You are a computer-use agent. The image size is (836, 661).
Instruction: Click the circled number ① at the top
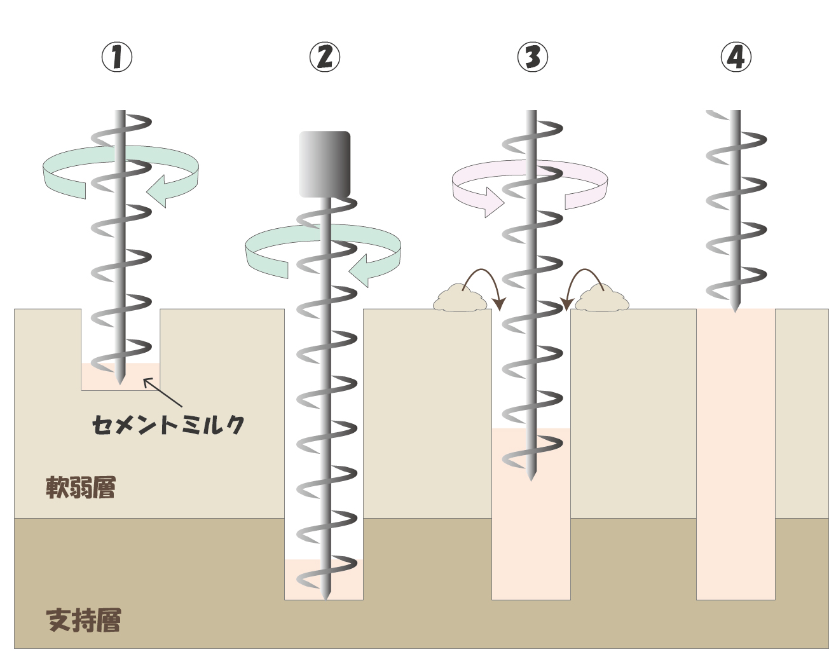(117, 57)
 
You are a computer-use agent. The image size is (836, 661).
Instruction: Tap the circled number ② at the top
(324, 57)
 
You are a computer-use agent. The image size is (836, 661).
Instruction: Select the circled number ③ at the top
(532, 57)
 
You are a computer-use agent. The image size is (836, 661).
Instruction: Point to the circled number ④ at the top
(736, 57)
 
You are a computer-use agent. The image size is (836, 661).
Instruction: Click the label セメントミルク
(168, 425)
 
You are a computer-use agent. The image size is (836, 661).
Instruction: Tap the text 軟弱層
(81, 487)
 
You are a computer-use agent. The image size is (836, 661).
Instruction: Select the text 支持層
(83, 620)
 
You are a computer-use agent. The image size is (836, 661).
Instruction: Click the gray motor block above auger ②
(324, 164)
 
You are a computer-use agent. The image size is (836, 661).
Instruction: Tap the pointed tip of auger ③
(531, 477)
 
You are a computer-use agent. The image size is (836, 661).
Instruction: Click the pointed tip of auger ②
(325, 596)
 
